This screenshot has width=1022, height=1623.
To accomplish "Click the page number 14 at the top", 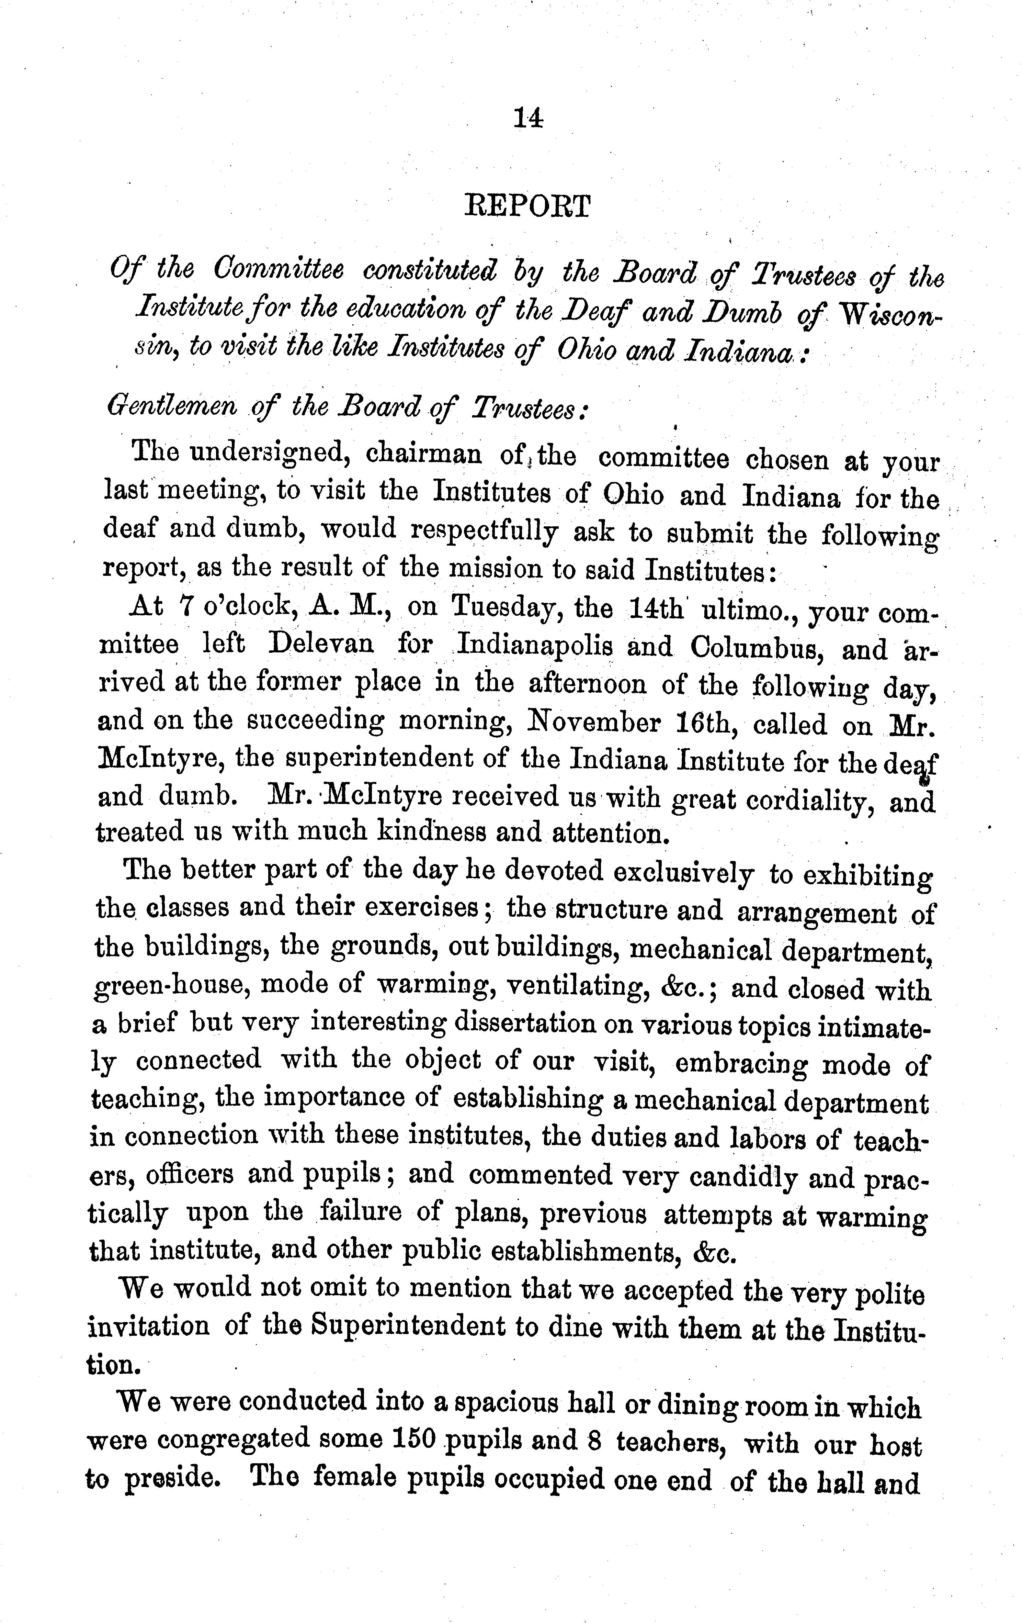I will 527,119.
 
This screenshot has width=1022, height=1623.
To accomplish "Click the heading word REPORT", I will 527,206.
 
